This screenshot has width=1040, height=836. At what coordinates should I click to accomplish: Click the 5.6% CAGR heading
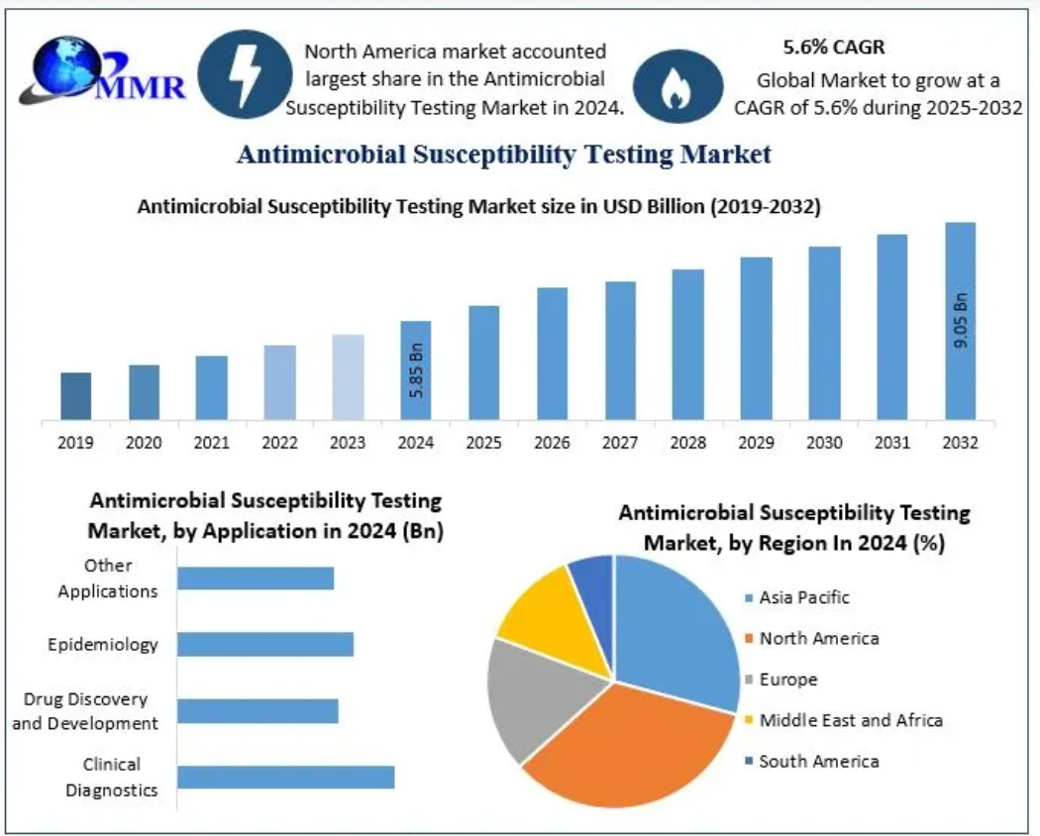click(x=834, y=47)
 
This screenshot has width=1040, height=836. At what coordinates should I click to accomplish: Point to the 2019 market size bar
click(x=75, y=395)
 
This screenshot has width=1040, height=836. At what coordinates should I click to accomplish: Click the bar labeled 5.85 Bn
click(x=416, y=369)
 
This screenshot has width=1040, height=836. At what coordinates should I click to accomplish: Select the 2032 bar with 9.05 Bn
click(x=960, y=320)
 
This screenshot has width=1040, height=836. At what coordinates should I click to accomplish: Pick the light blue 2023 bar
click(x=348, y=376)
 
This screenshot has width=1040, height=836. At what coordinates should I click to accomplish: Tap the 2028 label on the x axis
click(x=688, y=443)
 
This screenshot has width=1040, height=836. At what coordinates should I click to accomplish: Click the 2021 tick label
click(x=211, y=443)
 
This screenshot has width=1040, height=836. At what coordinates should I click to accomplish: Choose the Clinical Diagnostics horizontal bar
click(x=285, y=777)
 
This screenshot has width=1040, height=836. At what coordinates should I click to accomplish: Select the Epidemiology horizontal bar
click(x=265, y=644)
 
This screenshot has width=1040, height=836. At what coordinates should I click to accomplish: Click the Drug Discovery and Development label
click(x=85, y=711)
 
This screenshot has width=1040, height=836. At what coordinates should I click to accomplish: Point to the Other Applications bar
click(x=256, y=577)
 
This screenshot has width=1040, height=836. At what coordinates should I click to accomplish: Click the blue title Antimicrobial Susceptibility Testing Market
click(x=504, y=155)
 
